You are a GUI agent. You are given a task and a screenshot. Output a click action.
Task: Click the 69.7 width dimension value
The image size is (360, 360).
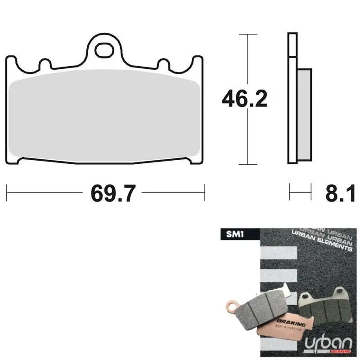[x=113, y=193]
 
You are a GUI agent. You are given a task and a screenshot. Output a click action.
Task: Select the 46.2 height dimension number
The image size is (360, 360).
[x=244, y=98]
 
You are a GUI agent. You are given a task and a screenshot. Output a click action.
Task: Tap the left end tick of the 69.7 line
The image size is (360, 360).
[x=7, y=193]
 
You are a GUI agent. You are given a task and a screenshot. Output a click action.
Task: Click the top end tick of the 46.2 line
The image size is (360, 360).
[x=247, y=34]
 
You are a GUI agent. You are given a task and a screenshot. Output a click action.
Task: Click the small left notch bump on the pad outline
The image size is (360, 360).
[x=44, y=63]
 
